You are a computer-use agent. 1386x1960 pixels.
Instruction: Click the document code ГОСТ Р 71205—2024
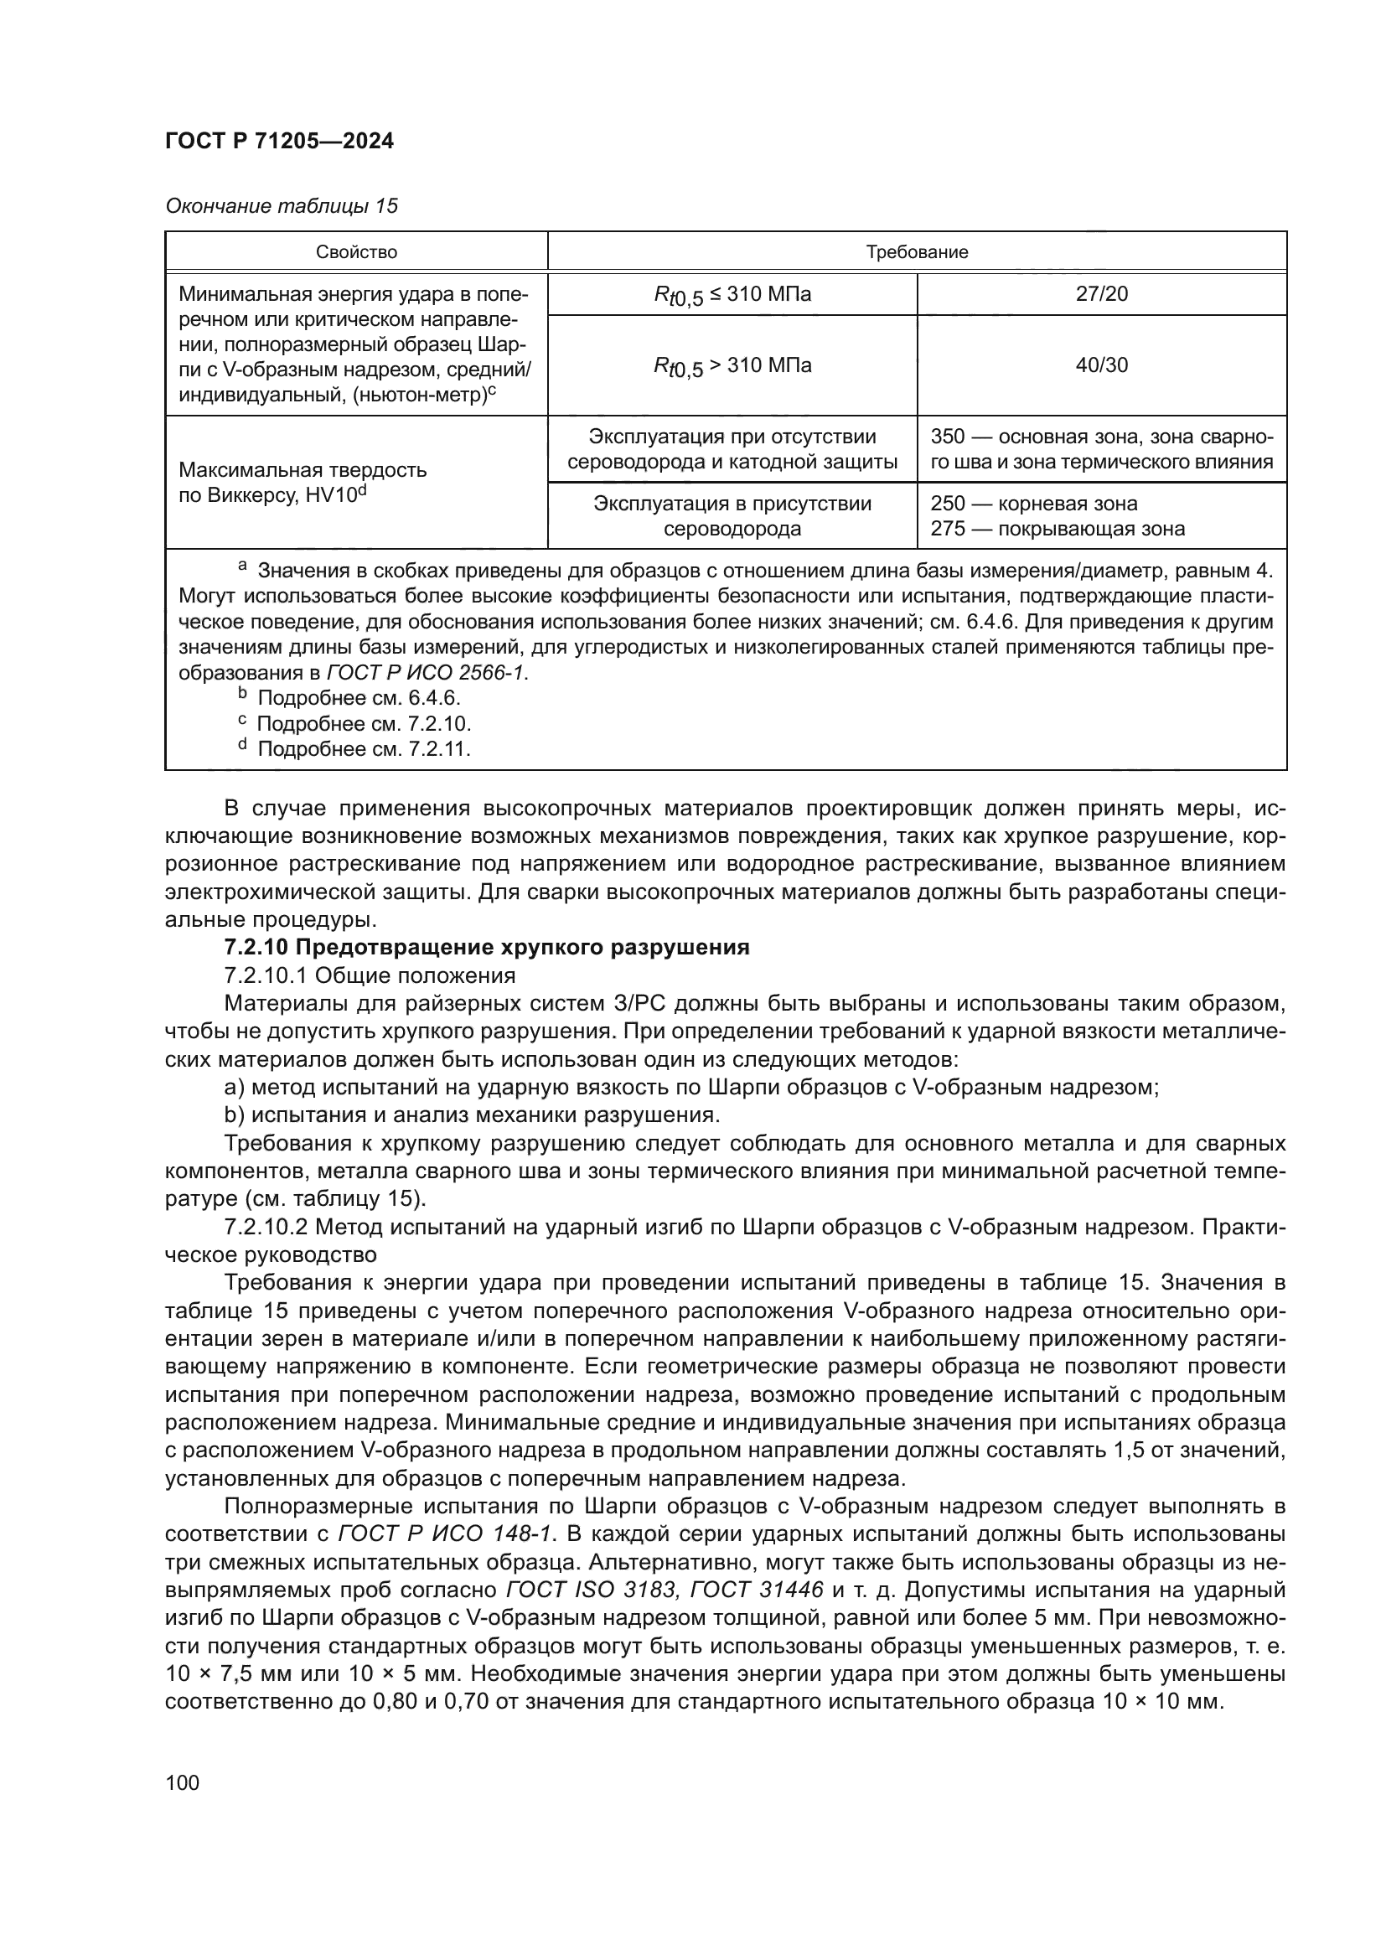click(x=279, y=141)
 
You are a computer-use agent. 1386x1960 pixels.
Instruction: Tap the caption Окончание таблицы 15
click(x=281, y=206)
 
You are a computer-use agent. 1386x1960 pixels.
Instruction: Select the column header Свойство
click(x=356, y=252)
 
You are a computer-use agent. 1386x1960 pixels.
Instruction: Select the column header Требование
click(x=917, y=252)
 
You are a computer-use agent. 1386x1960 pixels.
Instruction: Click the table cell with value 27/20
click(x=1101, y=294)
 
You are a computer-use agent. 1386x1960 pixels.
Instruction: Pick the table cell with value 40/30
click(x=1101, y=365)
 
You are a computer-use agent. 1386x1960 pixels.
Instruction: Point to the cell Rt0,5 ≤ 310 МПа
click(x=732, y=295)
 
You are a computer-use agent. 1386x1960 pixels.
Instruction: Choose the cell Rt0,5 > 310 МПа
click(x=732, y=366)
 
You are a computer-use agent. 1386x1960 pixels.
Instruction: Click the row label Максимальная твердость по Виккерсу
click(x=303, y=483)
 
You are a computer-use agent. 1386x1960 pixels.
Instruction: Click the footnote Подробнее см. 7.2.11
click(x=364, y=748)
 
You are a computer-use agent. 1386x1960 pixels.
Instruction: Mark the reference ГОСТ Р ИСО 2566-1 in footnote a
click(x=427, y=673)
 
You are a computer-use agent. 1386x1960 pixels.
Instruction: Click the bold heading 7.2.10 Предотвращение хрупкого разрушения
click(x=487, y=947)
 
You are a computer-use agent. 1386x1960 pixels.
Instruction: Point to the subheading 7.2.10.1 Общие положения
click(x=369, y=975)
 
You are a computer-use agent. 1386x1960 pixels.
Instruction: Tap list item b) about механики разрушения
click(x=472, y=1114)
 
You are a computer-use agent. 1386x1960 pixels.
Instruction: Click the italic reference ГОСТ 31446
click(x=756, y=1590)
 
